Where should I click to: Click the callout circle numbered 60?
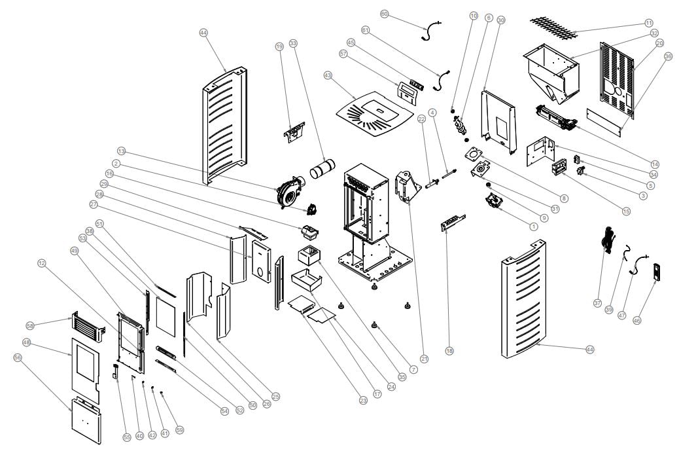click(384, 14)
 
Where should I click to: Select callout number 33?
click(292, 43)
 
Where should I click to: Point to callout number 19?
click(279, 46)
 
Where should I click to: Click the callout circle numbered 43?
click(328, 75)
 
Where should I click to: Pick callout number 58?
click(30, 325)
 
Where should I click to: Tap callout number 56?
click(18, 357)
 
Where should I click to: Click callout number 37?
click(597, 302)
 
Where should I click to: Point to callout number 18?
click(449, 351)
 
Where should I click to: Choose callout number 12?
click(42, 263)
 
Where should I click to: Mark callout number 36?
click(668, 56)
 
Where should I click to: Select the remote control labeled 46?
click(656, 271)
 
